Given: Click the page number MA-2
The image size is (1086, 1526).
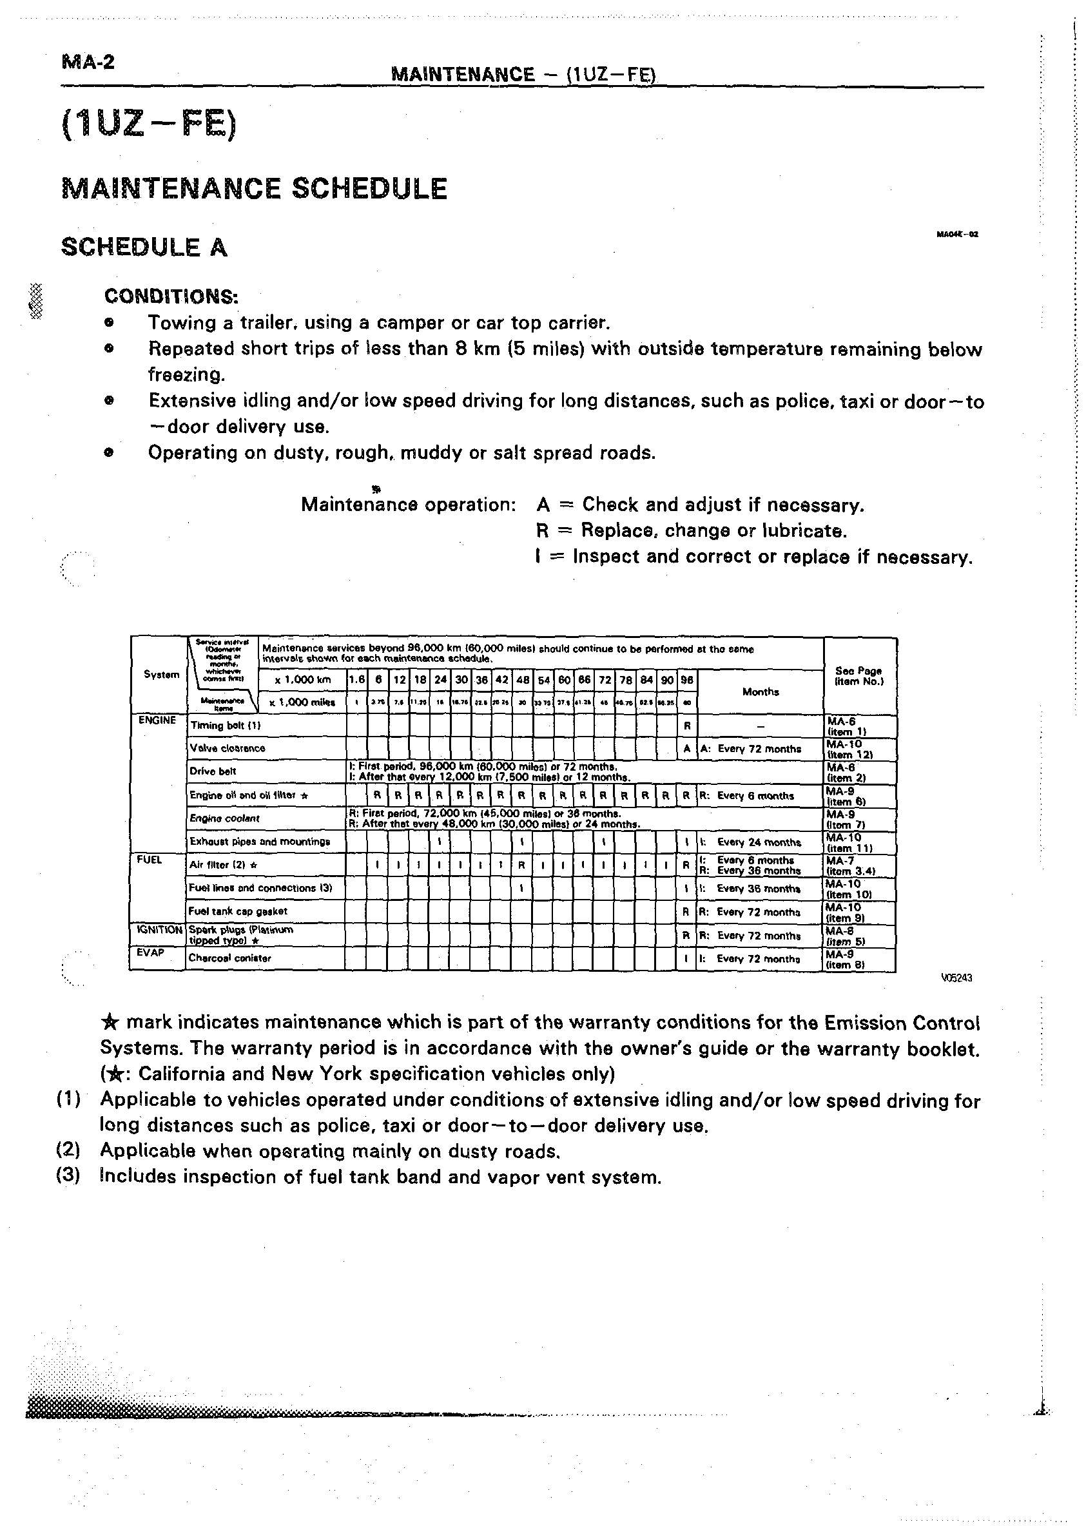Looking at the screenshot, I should pyautogui.click(x=88, y=63).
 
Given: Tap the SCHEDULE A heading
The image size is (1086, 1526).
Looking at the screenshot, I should pyautogui.click(x=144, y=247).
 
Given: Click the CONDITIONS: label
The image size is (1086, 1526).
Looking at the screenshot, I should pyautogui.click(x=171, y=296).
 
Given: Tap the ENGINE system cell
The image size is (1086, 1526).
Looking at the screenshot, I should pyautogui.click(x=157, y=720).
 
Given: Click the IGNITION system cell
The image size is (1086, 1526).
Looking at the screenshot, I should pyautogui.click(x=159, y=929).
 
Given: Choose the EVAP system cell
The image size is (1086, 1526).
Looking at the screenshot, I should pyautogui.click(x=150, y=952).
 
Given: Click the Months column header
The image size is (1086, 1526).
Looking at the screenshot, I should pyautogui.click(x=761, y=691).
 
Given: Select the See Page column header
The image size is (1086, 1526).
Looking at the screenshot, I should pyautogui.click(x=859, y=675).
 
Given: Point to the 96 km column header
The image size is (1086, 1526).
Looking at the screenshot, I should pyautogui.click(x=687, y=680).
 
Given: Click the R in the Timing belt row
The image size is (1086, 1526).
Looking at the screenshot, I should pyautogui.click(x=687, y=726).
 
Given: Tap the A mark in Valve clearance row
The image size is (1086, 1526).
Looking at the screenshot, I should pyautogui.click(x=687, y=749).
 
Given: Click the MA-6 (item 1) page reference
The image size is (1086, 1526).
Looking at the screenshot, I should pyautogui.click(x=847, y=727).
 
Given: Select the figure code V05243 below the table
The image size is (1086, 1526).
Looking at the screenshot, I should pyautogui.click(x=956, y=978).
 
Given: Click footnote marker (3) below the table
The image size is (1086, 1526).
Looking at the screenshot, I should pyautogui.click(x=68, y=1176).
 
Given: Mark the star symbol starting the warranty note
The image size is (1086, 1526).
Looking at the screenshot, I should pyautogui.click(x=110, y=1022).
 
